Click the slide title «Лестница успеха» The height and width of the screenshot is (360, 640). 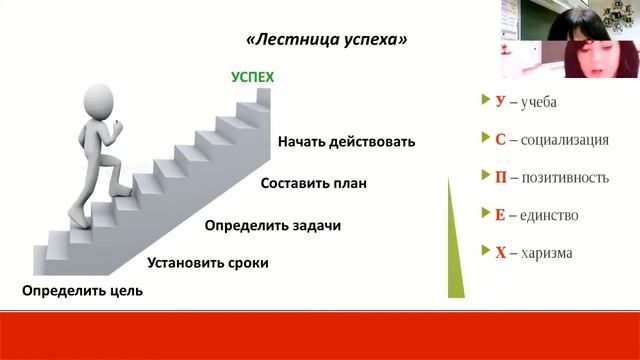(x=326, y=41)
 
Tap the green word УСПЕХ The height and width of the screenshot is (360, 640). (x=252, y=77)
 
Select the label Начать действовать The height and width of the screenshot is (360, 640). (x=346, y=141)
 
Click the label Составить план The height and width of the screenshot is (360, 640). (x=314, y=183)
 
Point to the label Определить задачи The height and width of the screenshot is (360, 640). (x=273, y=225)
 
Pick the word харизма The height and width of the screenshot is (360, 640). (x=546, y=252)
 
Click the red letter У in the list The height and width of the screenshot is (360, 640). (x=500, y=102)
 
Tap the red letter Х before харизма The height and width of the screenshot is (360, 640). (x=500, y=252)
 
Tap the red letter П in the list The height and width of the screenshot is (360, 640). (x=501, y=177)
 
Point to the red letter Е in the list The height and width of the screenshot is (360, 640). (x=500, y=215)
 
